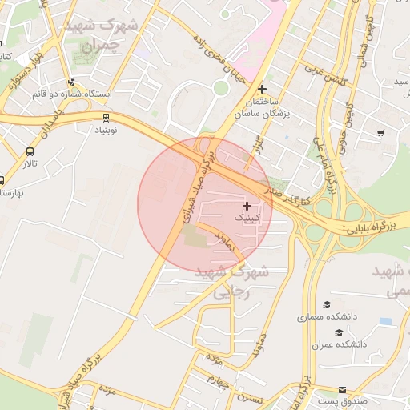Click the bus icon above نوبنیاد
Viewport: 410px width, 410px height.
(107, 116)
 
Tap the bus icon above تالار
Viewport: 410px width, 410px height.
(30, 151)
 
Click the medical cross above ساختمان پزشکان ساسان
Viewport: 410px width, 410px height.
(262, 89)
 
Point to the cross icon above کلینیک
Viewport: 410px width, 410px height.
(246, 206)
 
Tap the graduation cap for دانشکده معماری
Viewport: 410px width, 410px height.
(326, 304)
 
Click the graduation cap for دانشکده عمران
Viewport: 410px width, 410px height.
(339, 332)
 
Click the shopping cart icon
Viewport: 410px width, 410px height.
(380, 133)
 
